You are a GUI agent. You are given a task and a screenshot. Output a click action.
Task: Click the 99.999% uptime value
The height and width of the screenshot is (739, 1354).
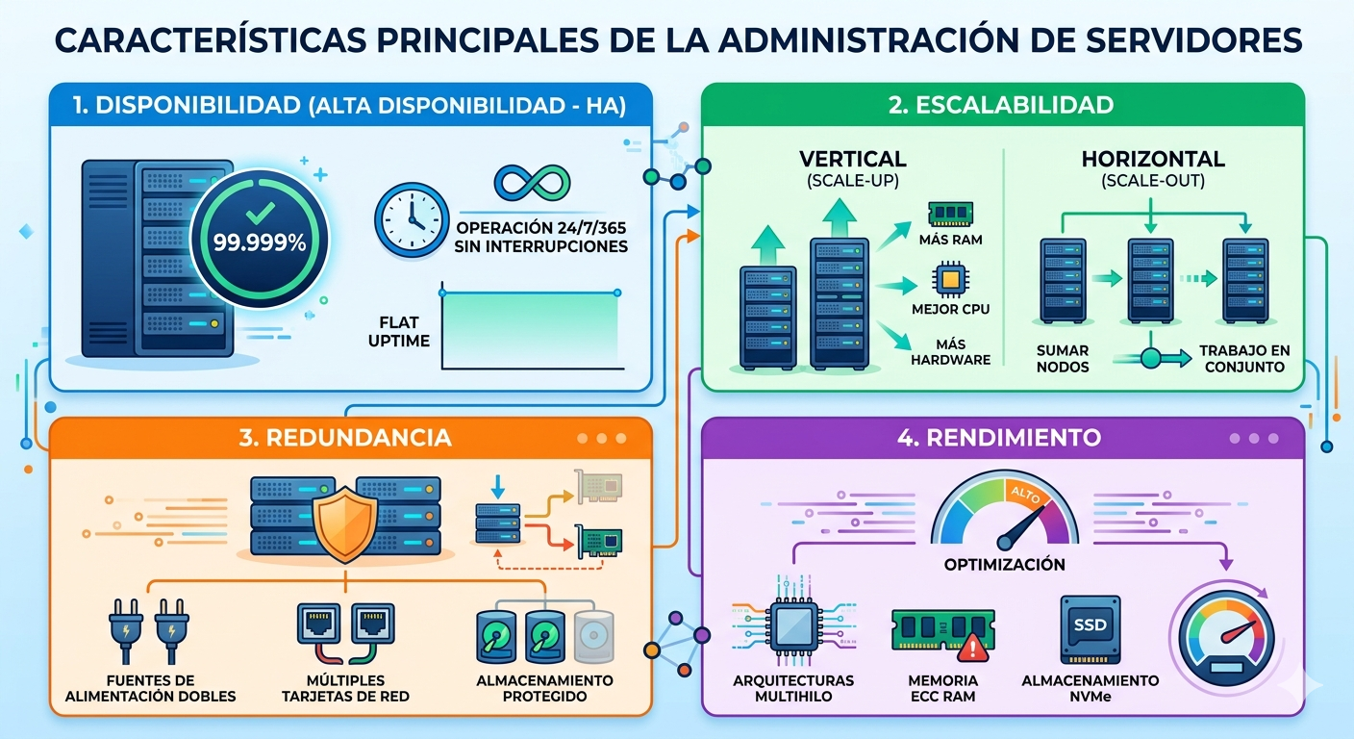click(260, 242)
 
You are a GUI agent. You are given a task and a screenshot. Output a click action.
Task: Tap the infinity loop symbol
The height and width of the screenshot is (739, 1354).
click(532, 183)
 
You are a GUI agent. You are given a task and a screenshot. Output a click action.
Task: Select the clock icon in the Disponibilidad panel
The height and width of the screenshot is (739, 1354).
click(411, 220)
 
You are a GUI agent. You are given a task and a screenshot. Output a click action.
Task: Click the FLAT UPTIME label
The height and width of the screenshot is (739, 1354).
click(399, 331)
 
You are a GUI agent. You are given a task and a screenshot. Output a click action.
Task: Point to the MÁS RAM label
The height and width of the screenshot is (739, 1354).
click(951, 240)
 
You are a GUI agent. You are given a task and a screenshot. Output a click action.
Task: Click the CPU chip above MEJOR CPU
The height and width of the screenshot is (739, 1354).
click(951, 279)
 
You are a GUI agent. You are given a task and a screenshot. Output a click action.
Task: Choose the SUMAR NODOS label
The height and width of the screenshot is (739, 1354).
click(1063, 359)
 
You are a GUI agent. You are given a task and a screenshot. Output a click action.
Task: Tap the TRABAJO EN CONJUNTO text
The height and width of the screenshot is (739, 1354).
click(1244, 359)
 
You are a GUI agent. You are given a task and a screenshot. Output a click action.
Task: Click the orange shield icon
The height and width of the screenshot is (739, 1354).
click(345, 523)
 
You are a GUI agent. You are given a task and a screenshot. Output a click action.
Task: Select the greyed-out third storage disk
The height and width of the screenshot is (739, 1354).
click(593, 636)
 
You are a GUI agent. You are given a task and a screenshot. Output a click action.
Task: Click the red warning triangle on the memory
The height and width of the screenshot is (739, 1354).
click(972, 647)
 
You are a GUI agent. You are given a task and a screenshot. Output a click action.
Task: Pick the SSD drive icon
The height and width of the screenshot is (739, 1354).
click(1091, 628)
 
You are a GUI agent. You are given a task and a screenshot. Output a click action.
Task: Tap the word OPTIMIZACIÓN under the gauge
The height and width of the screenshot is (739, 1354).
click(1005, 565)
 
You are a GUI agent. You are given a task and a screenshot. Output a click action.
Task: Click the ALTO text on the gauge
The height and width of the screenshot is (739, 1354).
click(1026, 495)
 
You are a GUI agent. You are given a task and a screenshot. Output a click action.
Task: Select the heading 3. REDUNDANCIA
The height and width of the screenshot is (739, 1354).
click(345, 437)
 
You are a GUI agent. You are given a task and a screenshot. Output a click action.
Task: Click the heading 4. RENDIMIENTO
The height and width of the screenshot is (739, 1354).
click(999, 437)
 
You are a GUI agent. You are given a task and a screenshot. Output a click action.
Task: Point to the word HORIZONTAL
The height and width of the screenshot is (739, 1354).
click(1153, 159)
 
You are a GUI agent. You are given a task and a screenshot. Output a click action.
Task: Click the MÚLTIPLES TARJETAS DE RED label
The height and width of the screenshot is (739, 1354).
click(345, 688)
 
